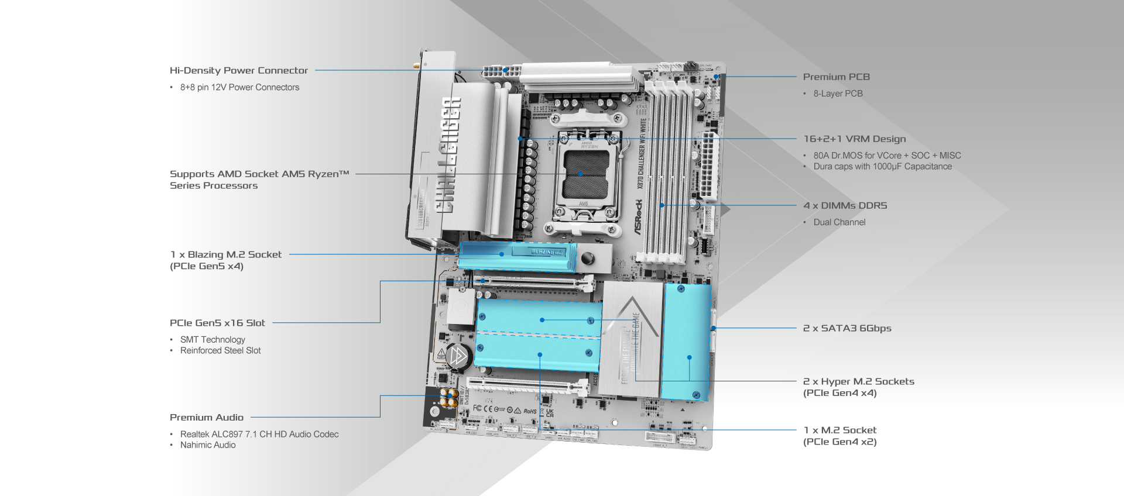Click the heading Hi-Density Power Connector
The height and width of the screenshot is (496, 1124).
coord(238,70)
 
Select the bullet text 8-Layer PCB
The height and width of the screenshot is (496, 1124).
coord(837,94)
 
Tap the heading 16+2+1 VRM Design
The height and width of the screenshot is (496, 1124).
coord(854,139)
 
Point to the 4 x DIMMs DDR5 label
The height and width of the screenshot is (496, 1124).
coord(845,205)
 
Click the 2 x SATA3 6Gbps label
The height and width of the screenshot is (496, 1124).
coord(847,328)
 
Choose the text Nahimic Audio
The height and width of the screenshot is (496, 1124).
coord(208,445)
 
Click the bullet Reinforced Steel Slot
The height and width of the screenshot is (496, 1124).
coord(220,350)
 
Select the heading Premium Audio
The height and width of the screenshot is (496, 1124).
coord(206,417)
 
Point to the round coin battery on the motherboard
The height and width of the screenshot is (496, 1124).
coord(458,356)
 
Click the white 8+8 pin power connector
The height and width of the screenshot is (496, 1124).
coord(502,73)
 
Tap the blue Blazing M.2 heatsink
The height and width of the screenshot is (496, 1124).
coord(515,257)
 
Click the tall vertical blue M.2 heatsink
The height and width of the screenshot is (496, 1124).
coord(686,342)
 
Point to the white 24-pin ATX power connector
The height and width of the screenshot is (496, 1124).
coord(709,166)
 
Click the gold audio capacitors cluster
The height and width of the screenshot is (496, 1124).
coord(449,398)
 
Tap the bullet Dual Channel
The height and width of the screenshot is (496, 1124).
coord(839,222)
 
